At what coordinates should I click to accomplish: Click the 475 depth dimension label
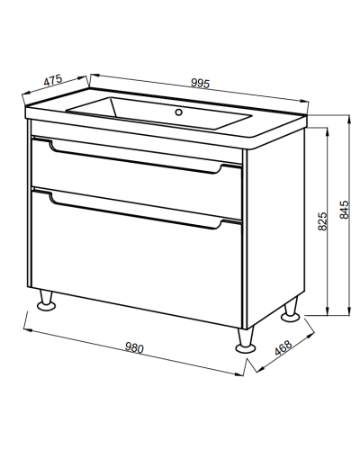pos(53,80)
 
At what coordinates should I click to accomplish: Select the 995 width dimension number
pos(200,84)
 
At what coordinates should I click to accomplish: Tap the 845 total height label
pos(345,210)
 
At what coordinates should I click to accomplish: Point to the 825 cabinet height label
pos(322,221)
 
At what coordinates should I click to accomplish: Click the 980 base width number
pos(134,347)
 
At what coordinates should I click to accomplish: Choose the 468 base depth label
pos(283,347)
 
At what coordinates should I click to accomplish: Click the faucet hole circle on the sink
pos(179,112)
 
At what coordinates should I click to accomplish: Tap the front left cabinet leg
pos(47,300)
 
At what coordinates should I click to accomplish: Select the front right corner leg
pos(246,340)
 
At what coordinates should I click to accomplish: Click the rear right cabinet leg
pos(291,310)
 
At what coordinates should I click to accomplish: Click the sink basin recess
pos(159,113)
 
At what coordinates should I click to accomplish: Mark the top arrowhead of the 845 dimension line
pos(349,119)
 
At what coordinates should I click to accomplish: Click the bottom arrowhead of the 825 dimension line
pos(327,311)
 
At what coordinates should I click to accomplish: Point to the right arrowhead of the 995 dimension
pos(304,101)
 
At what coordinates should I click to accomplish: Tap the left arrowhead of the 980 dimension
pos(28,330)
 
